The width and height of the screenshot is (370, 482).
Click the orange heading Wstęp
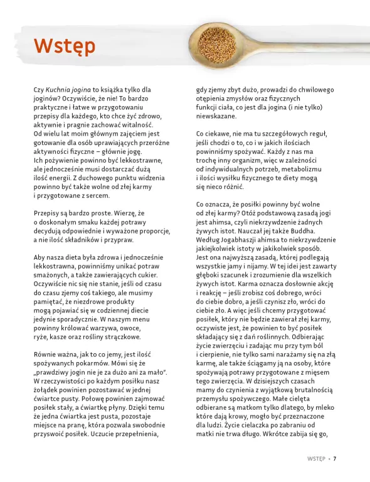click(65, 45)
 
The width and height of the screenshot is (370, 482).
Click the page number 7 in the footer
click(335, 458)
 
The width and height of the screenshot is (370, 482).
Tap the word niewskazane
click(215, 116)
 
